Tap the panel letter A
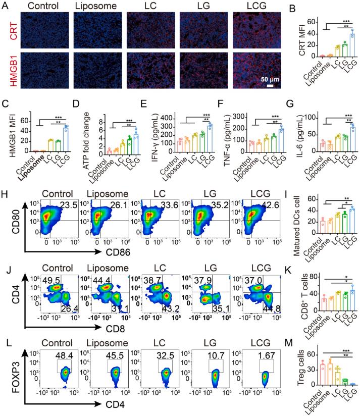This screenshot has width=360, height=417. [x=6, y=6]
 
